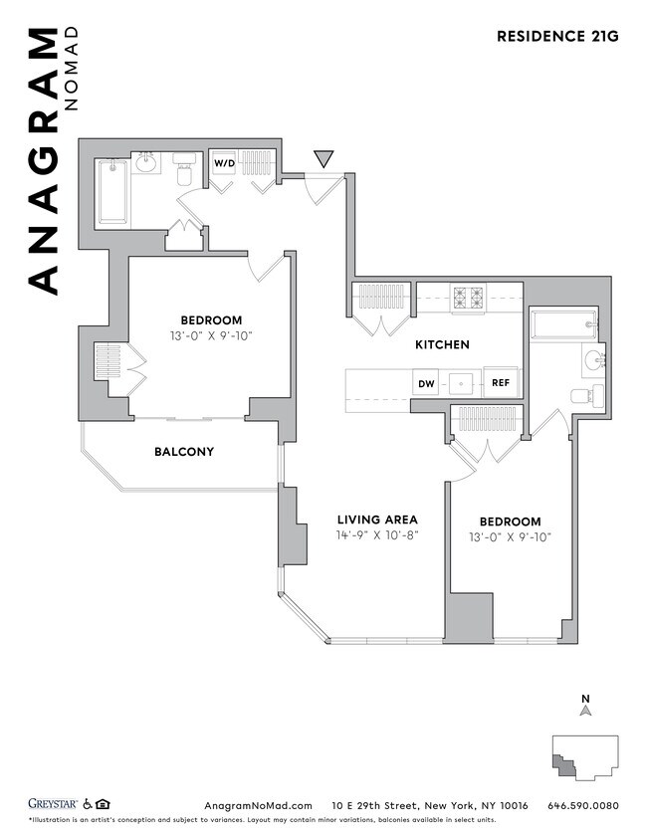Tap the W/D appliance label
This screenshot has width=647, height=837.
click(x=222, y=163)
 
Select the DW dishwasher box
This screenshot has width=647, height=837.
click(x=426, y=383)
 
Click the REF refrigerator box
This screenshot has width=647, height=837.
click(x=501, y=383)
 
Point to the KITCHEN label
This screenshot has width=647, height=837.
click(x=442, y=344)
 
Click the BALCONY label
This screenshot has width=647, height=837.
click(x=183, y=451)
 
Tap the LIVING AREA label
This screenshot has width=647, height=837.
click(x=376, y=520)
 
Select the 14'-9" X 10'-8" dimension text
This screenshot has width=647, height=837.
click(x=376, y=535)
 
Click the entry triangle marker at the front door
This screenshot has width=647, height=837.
click(x=323, y=158)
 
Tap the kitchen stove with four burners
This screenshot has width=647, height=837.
click(x=469, y=298)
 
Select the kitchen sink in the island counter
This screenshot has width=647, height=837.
click(x=463, y=383)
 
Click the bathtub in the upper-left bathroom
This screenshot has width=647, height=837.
click(x=112, y=190)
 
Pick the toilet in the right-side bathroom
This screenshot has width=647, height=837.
click(x=584, y=395)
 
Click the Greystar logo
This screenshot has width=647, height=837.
click(x=52, y=804)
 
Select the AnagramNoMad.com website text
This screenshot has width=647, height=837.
click(x=258, y=805)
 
